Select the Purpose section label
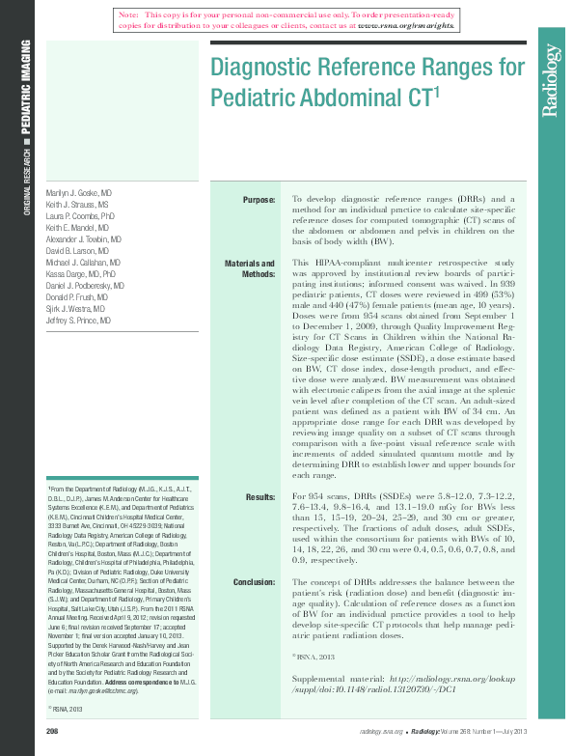point(259,200)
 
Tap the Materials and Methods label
point(250,268)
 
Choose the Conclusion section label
point(255,582)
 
